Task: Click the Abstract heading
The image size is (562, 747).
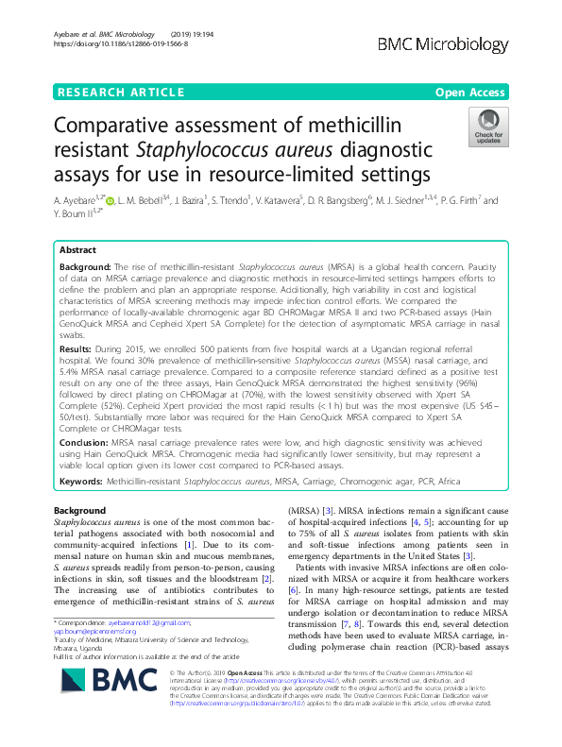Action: (x=78, y=251)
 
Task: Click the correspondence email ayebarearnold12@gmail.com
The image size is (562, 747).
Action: (x=147, y=622)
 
